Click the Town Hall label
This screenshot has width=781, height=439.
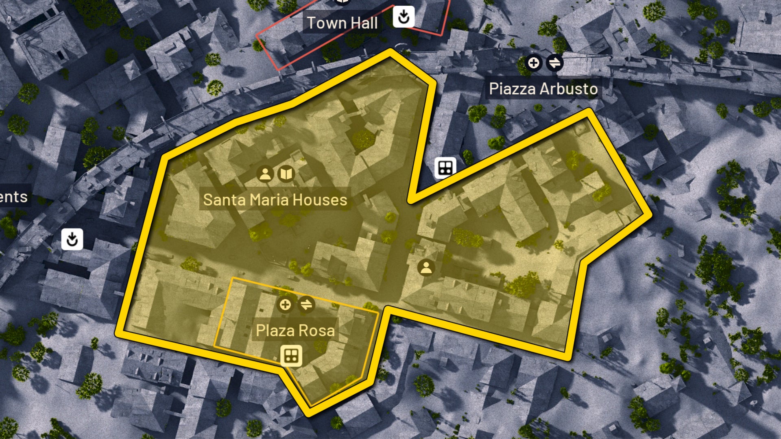point(342,23)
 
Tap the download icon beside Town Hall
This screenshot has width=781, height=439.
point(404,17)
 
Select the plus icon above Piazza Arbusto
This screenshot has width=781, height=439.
point(533,63)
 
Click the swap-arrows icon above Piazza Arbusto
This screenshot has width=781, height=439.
point(554,63)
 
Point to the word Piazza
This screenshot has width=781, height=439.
point(512,89)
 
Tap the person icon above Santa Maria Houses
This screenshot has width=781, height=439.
point(265,174)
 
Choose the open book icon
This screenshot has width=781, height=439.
point(286,174)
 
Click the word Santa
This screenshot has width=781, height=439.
point(223,200)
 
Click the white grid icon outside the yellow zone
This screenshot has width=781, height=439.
point(445,167)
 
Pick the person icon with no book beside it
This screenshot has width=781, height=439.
point(426,267)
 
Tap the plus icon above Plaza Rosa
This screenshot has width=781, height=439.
point(285,304)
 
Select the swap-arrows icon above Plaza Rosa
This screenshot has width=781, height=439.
point(306,304)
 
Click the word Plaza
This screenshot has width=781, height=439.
point(272,330)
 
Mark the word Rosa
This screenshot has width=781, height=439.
point(319,330)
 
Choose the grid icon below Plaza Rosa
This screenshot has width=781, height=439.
point(291,356)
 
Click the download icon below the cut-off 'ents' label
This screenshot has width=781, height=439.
point(72,239)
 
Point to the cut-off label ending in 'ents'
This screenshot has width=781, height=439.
point(13,197)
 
